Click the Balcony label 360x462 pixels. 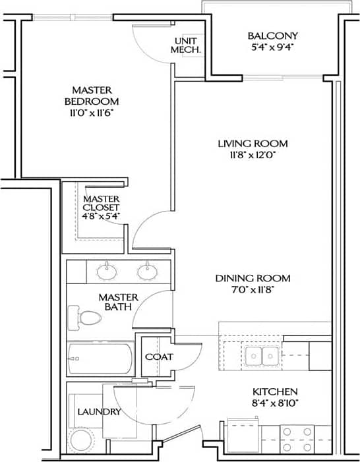272,36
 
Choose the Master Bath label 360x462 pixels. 118,302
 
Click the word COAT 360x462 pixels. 159,357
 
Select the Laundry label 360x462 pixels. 99,412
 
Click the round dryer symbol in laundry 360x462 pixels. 82,440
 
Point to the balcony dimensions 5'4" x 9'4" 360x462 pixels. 272,47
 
